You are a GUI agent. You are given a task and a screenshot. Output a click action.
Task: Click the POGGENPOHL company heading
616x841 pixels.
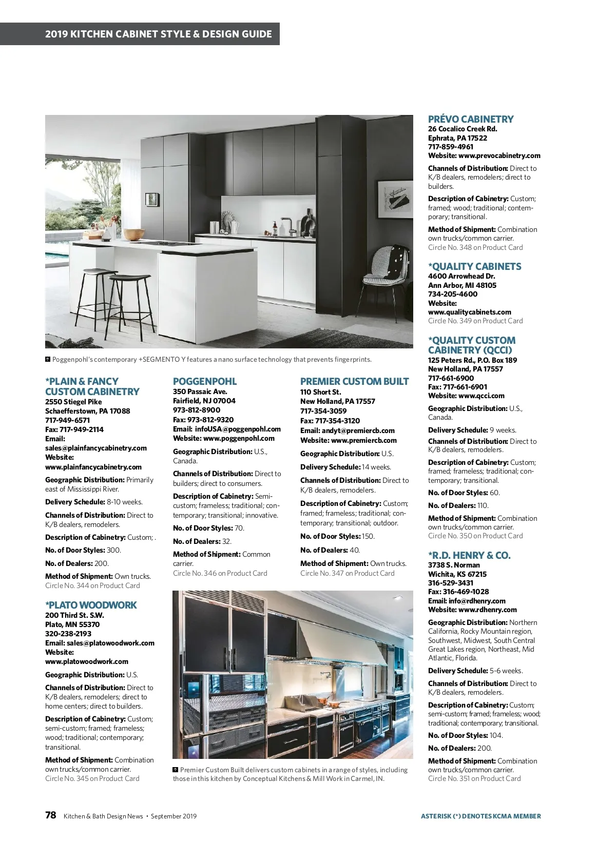[205, 381]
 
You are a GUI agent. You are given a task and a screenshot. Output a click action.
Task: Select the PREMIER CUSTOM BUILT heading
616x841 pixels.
[354, 381]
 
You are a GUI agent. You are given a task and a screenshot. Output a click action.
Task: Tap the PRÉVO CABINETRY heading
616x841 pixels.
[471, 119]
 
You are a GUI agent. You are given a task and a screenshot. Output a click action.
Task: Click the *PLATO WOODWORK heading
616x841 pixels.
[91, 605]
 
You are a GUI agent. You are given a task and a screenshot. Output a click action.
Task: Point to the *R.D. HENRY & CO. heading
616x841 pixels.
[469, 555]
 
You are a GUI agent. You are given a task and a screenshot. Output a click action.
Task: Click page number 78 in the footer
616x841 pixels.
[50, 815]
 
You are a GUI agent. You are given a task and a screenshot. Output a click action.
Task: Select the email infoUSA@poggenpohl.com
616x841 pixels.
[238, 429]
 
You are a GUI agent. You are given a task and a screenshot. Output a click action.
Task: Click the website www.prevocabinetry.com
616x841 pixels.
[499, 155]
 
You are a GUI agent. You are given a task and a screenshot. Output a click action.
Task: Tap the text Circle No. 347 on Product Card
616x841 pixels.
[347, 573]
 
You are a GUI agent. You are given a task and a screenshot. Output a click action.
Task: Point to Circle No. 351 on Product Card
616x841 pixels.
[474, 778]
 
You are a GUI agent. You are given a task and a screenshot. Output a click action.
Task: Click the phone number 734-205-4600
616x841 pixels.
[452, 294]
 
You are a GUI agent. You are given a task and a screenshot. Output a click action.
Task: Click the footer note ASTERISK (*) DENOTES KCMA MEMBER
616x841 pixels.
[480, 816]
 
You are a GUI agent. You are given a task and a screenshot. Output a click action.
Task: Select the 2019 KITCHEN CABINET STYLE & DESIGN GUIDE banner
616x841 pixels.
[158, 34]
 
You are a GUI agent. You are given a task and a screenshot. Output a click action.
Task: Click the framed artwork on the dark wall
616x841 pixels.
[394, 199]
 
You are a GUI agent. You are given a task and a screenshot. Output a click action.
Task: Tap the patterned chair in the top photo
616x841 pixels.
[386, 267]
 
